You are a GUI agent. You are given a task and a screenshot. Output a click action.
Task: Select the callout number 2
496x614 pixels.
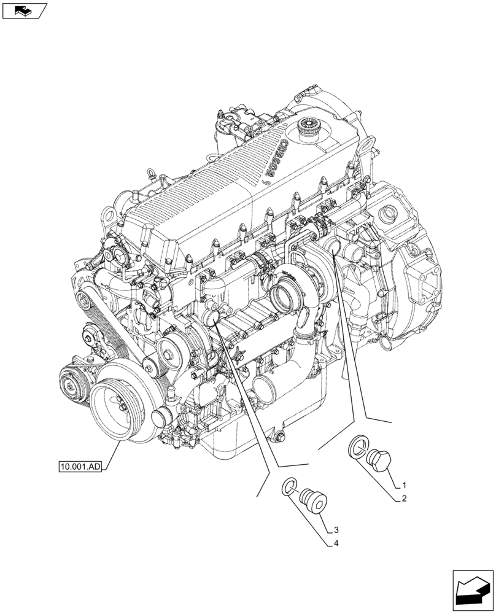point(404,499)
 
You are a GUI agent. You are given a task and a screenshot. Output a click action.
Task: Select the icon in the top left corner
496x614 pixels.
point(24,10)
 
